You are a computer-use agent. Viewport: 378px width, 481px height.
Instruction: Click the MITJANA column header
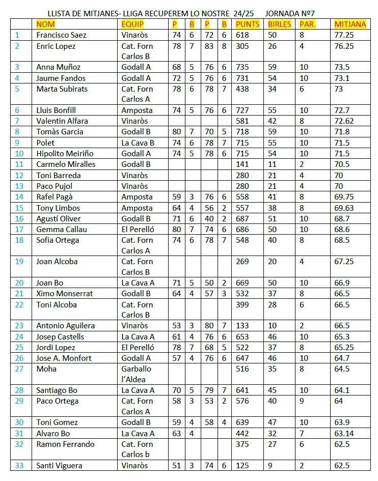pos(350,24)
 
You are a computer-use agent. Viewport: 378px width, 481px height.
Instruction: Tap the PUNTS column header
pos(247,24)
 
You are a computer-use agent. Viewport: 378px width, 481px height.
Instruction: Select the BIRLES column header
pos(279,24)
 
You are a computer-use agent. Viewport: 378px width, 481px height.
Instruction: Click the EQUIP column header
pos(132,24)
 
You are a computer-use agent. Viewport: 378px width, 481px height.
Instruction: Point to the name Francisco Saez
pos(61,35)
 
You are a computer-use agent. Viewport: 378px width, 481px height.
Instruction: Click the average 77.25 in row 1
pos(344,35)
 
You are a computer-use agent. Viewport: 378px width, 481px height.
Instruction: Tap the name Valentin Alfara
pos(62,121)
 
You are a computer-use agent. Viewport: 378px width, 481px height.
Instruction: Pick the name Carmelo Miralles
pos(66,164)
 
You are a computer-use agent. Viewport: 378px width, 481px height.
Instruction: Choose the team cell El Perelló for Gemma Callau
pos(138,229)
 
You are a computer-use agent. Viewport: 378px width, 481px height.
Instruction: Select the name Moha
pos(46,369)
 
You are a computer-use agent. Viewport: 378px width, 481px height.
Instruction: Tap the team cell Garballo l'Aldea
pos(137,374)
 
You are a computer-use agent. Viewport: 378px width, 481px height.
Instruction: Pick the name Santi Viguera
pos(59,466)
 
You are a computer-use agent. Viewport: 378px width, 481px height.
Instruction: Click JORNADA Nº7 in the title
pos(294,13)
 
